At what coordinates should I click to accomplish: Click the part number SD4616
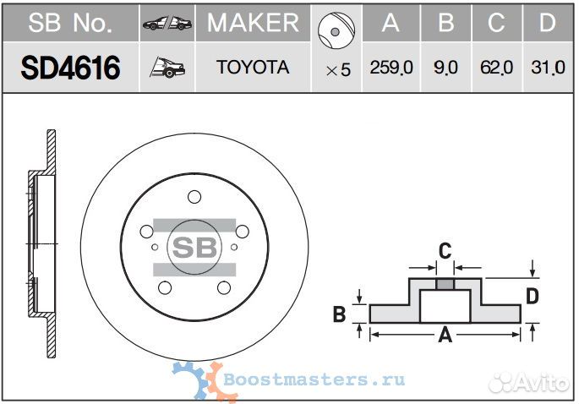(70, 68)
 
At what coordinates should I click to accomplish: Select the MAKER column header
(253, 23)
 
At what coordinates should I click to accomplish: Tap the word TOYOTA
(253, 68)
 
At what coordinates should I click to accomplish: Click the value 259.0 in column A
(391, 68)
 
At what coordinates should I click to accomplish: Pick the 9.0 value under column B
(445, 68)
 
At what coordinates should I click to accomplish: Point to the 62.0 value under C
(497, 68)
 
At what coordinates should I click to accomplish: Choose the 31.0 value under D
(549, 68)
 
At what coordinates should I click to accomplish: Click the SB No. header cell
(70, 23)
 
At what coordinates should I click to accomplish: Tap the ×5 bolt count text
(338, 70)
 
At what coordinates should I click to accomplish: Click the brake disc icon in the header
(336, 30)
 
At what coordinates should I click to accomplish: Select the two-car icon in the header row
(167, 24)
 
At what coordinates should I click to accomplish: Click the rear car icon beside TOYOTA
(167, 68)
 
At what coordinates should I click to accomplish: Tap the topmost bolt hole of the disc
(194, 197)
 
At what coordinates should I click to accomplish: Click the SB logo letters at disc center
(194, 247)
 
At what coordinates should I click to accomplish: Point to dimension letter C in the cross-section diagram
(445, 251)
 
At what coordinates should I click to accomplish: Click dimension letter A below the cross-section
(445, 335)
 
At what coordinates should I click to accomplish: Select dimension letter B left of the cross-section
(339, 314)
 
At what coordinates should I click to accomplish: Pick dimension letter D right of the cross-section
(533, 296)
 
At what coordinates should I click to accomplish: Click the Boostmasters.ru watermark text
(314, 379)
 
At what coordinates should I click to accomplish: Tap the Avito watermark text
(529, 383)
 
